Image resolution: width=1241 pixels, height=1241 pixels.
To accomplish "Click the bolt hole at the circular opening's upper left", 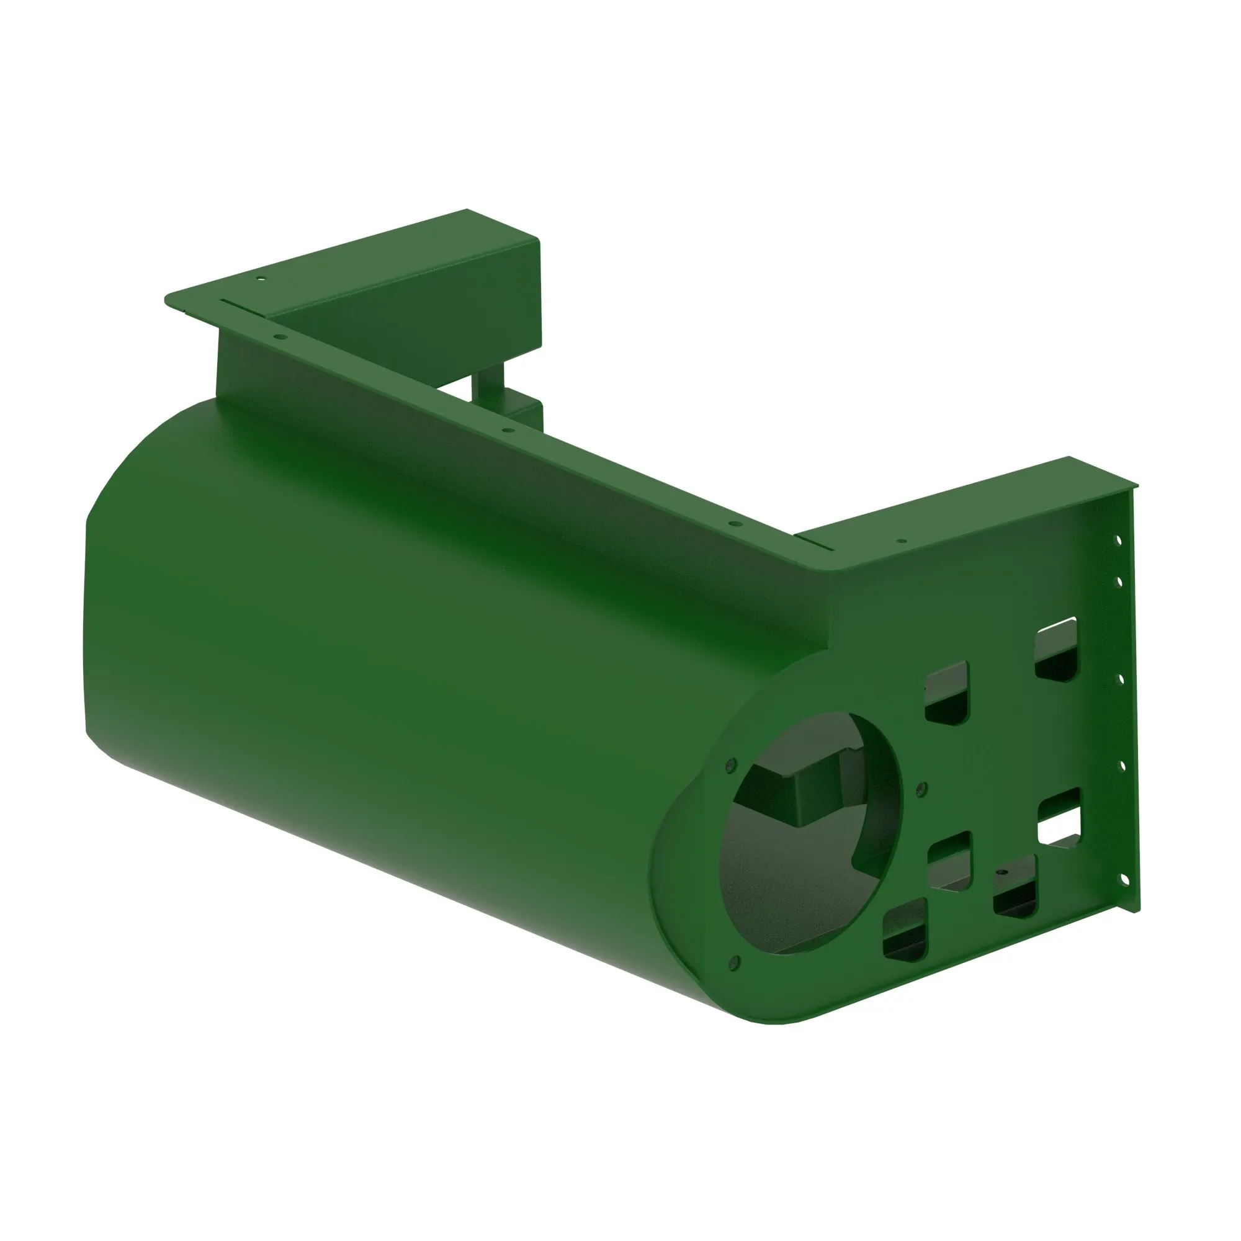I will (x=728, y=765).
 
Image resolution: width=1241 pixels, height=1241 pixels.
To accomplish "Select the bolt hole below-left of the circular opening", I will (x=735, y=962).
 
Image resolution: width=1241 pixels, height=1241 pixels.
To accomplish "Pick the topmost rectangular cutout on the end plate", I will (x=1057, y=649).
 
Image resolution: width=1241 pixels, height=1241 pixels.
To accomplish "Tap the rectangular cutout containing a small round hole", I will (x=1015, y=886).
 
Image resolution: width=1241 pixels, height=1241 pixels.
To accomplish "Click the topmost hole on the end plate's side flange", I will (x=1118, y=541).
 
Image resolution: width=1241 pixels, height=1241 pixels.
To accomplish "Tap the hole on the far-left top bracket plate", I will (x=260, y=279).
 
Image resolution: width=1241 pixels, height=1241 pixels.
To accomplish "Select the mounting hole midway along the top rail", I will (x=507, y=431).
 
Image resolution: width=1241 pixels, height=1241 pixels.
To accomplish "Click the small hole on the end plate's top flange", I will (x=901, y=541).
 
